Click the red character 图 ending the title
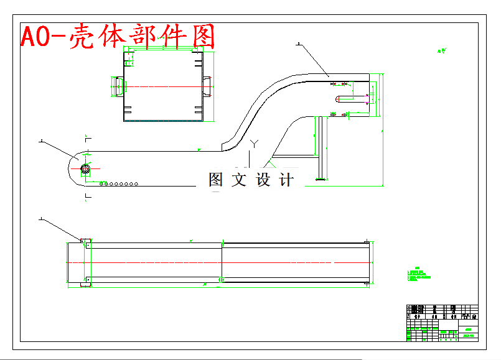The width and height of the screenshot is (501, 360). tap(204, 37)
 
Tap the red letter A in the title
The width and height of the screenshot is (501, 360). tap(30, 37)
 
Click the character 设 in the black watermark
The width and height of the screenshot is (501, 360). tap(263, 180)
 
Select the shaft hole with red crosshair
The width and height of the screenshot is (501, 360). tap(85, 168)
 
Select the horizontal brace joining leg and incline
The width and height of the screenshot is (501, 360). tap(296, 155)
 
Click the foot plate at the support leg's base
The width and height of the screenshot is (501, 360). tap(322, 180)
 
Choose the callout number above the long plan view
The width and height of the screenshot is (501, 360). tap(41, 218)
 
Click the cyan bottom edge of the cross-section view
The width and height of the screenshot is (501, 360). tap(163, 121)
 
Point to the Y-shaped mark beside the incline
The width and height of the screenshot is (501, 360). tap(253, 144)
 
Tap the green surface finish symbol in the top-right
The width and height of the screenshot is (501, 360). tap(442, 51)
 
